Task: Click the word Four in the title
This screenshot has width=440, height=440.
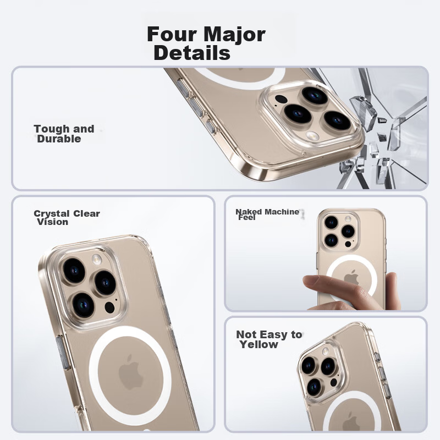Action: pos(172,34)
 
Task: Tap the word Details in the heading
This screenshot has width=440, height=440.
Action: pos(192,52)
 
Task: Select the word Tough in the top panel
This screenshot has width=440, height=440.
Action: pos(51,129)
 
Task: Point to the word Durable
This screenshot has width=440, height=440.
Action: pos(59,139)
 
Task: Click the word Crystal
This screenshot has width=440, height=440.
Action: pos(52,213)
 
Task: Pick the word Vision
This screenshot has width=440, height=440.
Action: pos(53,222)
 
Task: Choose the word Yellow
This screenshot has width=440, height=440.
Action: pos(258,344)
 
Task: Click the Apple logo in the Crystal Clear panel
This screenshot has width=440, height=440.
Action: pos(130,372)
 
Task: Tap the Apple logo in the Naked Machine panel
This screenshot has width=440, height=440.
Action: pos(352,278)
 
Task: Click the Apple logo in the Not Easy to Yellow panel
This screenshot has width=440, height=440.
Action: pos(351,422)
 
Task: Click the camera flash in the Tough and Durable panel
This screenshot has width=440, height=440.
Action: pos(312,136)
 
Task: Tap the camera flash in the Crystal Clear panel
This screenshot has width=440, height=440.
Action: pos(96,259)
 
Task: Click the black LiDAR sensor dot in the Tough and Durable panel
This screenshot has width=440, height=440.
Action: pos(280,100)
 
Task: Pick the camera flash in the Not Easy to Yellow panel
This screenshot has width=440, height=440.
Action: pos(326,350)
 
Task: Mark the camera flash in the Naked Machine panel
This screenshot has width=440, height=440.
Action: pos(348,219)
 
